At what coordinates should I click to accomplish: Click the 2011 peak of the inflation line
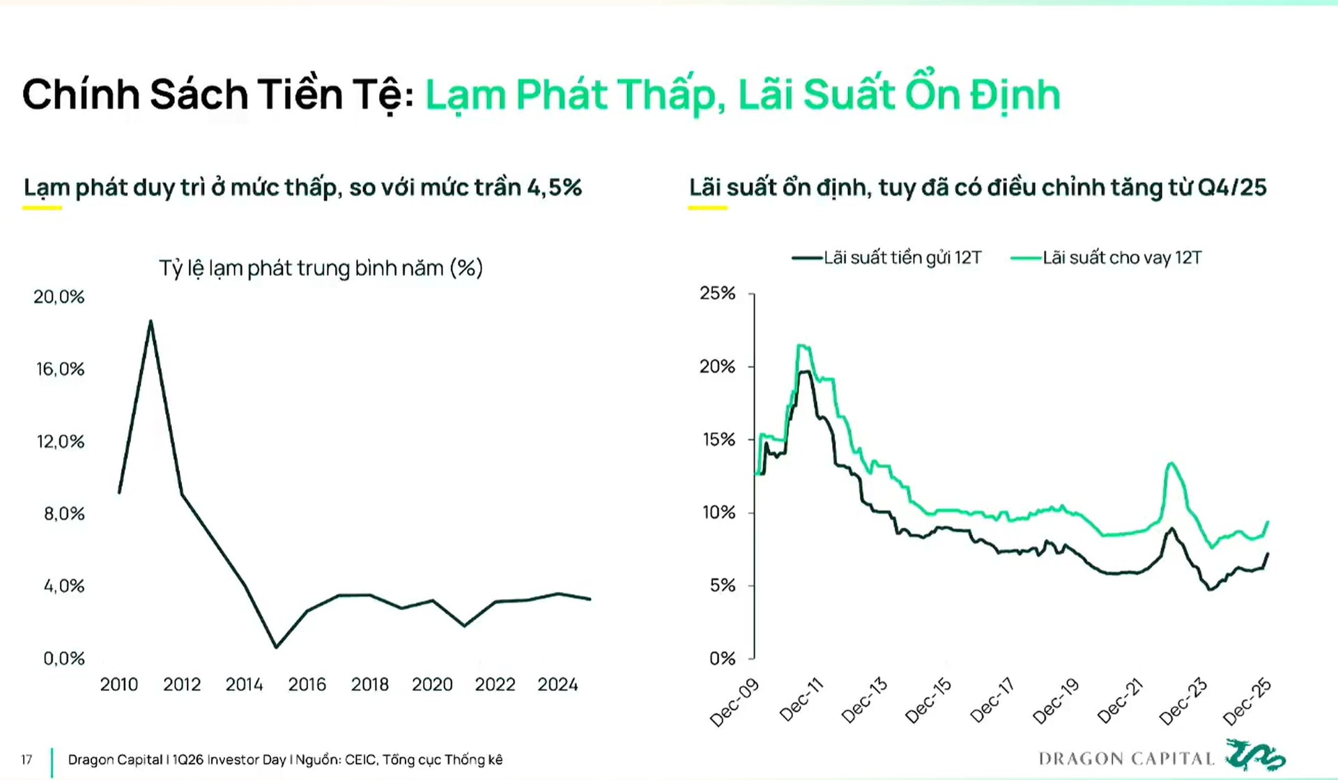pos(151,322)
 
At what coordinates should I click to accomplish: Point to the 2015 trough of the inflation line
pos(276,647)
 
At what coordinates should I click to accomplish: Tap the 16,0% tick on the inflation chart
pos(60,369)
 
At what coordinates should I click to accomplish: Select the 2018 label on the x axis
pos(369,685)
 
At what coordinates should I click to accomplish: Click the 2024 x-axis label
pos(557,685)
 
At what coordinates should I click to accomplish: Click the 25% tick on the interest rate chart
pos(717,293)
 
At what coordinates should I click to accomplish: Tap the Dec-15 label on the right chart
pos(928,700)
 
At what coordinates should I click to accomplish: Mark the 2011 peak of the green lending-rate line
pos(801,346)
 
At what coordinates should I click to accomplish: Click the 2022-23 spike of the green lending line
pos(1171,464)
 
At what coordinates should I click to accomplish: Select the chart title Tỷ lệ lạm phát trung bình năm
pos(321,268)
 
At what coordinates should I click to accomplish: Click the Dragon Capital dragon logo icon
pos(1255,756)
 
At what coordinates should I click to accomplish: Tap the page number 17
pos(26,760)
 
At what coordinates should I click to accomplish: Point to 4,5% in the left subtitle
pos(554,187)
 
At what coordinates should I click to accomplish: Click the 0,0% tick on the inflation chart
pos(63,658)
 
